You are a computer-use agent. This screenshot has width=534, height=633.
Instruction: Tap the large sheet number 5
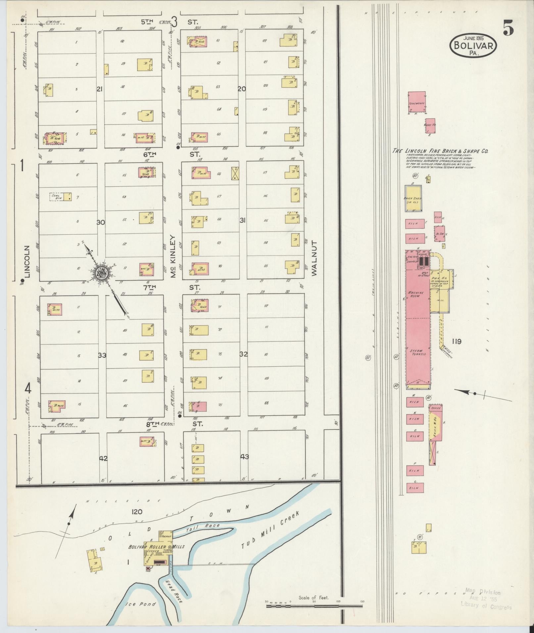[508, 28]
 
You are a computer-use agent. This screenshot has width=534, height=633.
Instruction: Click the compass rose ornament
[101, 273]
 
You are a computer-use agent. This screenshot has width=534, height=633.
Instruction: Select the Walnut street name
[314, 258]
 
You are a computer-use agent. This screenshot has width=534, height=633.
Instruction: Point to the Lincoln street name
[27, 261]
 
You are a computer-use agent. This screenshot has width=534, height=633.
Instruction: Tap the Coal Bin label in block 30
[56, 197]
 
